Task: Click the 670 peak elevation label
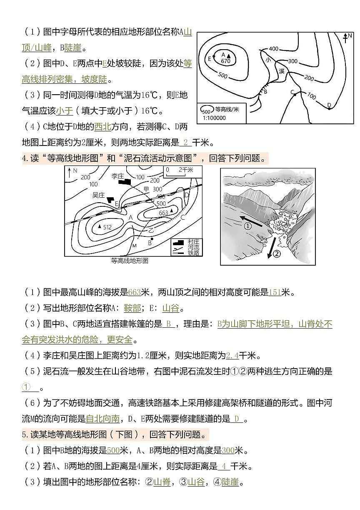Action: pos(225,61)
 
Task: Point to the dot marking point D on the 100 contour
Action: pos(329,108)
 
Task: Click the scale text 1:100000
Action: pos(214,118)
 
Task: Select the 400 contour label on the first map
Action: pos(273,49)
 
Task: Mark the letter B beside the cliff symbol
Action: pos(265,91)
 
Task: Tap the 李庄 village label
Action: pos(117,176)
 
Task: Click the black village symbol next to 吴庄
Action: pos(111,200)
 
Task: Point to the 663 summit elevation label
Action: pos(164,213)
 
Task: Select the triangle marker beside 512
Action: pos(99,226)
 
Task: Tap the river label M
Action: pos(134,246)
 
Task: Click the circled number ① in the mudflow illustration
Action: pos(247,226)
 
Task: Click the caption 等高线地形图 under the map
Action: pos(130,261)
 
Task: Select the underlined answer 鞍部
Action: pos(132,308)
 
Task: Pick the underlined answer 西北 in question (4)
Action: pos(102,127)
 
